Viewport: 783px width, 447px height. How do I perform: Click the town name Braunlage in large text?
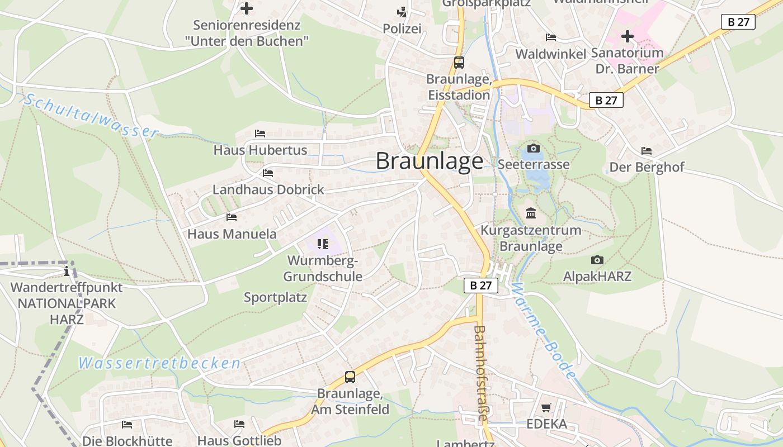[x=429, y=161]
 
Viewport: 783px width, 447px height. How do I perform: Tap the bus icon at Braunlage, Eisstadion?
[x=459, y=63]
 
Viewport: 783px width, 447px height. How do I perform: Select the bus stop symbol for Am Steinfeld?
[x=350, y=377]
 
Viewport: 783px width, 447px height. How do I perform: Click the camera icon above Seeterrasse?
[x=534, y=148]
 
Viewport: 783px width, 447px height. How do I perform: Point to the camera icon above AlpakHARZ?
[x=597, y=260]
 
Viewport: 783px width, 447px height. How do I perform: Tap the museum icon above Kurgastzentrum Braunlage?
[x=531, y=213]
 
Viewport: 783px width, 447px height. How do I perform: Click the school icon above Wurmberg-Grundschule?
[x=322, y=244]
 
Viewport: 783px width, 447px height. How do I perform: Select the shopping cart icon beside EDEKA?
[x=546, y=408]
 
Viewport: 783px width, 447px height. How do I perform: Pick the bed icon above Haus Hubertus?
[x=260, y=134]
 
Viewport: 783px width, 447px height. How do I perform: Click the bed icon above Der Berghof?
[x=647, y=151]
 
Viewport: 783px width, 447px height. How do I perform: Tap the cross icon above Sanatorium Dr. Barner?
[x=628, y=36]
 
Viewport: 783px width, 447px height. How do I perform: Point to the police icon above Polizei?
[x=402, y=12]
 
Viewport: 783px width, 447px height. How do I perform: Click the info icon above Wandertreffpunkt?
[x=67, y=272]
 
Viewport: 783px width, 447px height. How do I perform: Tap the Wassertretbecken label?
[x=159, y=363]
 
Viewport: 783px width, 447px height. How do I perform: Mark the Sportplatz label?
[x=275, y=297]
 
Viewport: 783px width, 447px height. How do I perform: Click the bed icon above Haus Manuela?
[x=232, y=217]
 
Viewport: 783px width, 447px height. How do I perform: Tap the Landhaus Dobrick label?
[x=268, y=189]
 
